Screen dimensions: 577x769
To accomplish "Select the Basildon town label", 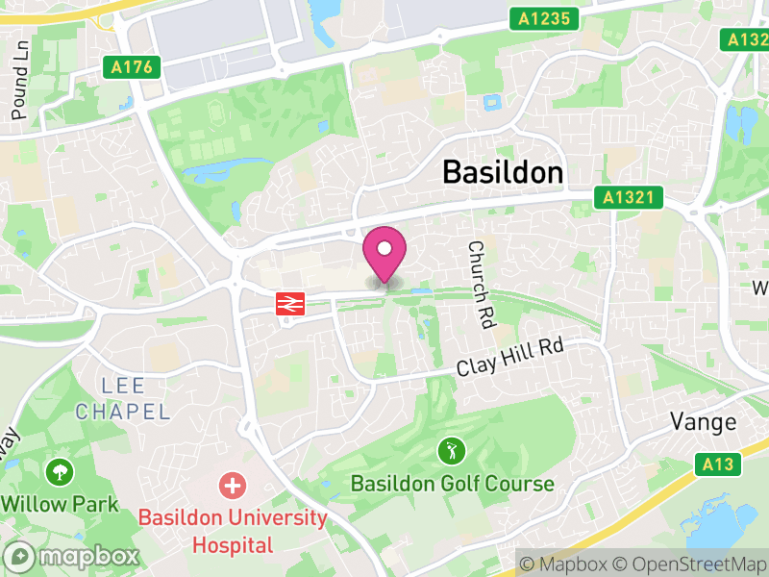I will click(502, 172).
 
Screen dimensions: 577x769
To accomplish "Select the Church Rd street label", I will click(480, 283).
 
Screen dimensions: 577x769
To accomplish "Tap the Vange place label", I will click(704, 422).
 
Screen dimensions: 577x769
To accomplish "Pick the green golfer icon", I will click(451, 449).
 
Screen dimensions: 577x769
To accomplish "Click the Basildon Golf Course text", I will click(452, 484).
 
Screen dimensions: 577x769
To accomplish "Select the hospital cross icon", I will click(232, 485).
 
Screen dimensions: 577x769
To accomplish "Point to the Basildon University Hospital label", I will click(234, 531).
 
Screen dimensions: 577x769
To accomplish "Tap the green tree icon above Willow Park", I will click(60, 471).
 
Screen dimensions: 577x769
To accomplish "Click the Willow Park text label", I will click(60, 504).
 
